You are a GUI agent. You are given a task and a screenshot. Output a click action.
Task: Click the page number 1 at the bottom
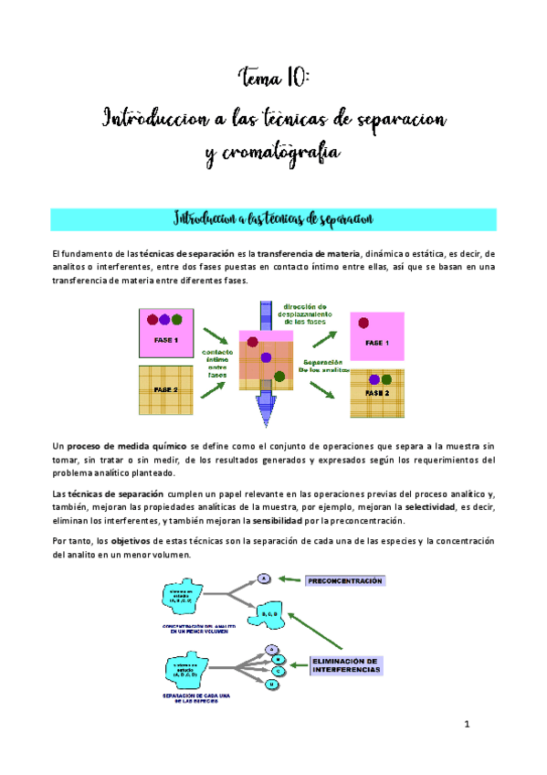point(466,726)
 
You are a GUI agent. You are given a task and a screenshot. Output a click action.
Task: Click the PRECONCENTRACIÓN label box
point(345,580)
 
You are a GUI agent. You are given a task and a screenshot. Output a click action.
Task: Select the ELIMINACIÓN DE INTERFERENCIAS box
point(346,664)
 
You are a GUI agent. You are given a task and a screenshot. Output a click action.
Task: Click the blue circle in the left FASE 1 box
point(164,320)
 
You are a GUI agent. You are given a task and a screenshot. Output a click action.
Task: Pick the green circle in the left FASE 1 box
point(177,320)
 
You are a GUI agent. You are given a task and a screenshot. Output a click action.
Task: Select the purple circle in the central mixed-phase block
point(265,357)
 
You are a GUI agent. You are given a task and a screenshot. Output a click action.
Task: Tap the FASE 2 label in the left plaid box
point(166,389)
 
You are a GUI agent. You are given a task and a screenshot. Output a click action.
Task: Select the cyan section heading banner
point(274,218)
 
